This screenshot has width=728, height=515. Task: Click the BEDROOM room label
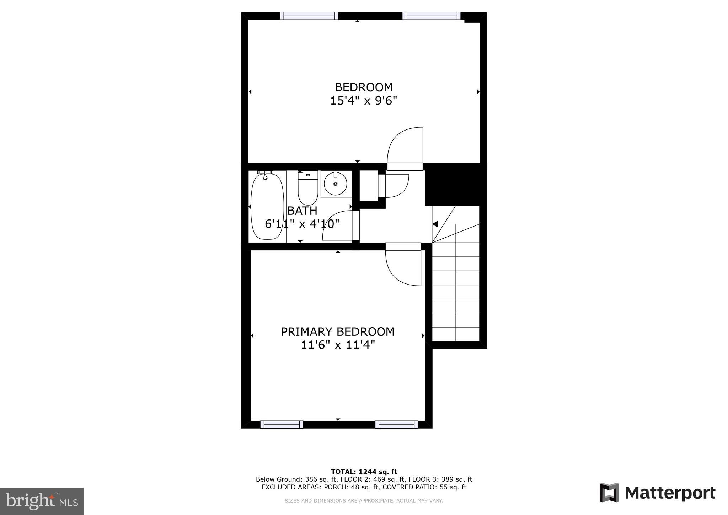pos(363,87)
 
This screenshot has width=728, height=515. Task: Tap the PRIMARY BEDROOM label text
pos(337,331)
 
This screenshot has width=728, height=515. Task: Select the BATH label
pos(302,211)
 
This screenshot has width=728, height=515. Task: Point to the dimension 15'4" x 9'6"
pos(363,101)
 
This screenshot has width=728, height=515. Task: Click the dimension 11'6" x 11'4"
pos(338,345)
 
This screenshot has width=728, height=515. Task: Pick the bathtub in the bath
pos(267,206)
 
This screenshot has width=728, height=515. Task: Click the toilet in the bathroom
pos(307,187)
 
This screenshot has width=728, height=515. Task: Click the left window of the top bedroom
pos(309,16)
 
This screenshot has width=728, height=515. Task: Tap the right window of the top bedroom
pos(431,16)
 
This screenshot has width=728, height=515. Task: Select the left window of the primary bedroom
pos(282,424)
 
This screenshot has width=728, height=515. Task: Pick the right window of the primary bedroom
pos(396,424)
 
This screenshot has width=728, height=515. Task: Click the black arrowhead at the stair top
pos(435,224)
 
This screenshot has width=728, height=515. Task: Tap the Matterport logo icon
pos(609,493)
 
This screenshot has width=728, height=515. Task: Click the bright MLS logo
pos(42,501)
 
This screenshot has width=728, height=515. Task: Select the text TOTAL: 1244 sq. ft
pos(364,472)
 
